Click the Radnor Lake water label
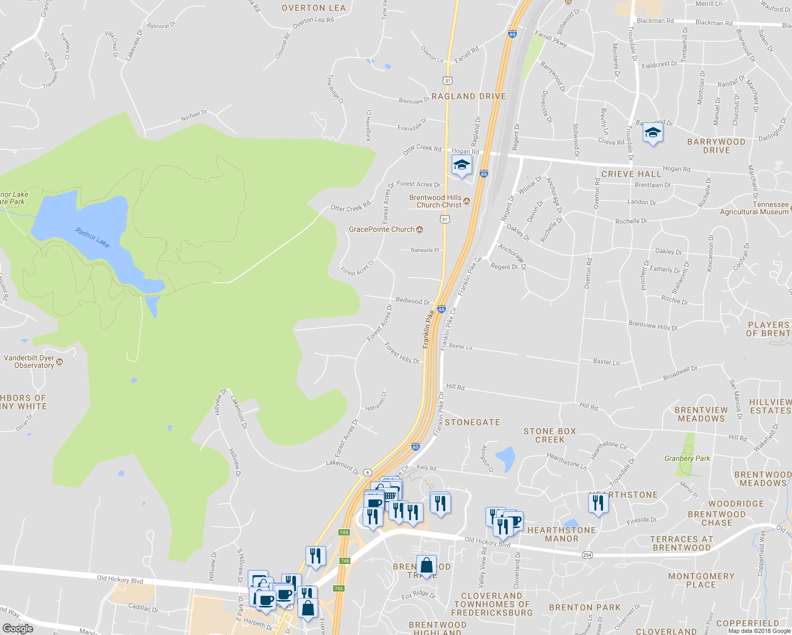pyautogui.click(x=92, y=238)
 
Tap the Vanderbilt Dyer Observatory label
pyautogui.click(x=30, y=361)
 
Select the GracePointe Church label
pyautogui.click(x=382, y=229)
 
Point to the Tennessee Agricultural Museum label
pyautogui.click(x=754, y=208)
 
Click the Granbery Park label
pyautogui.click(x=687, y=458)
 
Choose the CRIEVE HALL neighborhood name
pyautogui.click(x=631, y=174)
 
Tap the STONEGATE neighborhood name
pyautogui.click(x=472, y=422)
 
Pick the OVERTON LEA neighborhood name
pyautogui.click(x=313, y=8)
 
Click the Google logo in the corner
pyautogui.click(x=17, y=628)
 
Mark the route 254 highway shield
pyautogui.click(x=587, y=555)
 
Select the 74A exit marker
pyautogui.click(x=339, y=588)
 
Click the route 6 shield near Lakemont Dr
pyautogui.click(x=368, y=472)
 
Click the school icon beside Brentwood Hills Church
pyautogui.click(x=462, y=165)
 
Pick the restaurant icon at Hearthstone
pyautogui.click(x=598, y=502)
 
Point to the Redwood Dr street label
pyautogui.click(x=413, y=301)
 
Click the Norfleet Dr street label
pyautogui.click(x=194, y=115)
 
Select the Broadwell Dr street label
pyautogui.click(x=680, y=373)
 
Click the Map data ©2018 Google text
pyautogui.click(x=759, y=631)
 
